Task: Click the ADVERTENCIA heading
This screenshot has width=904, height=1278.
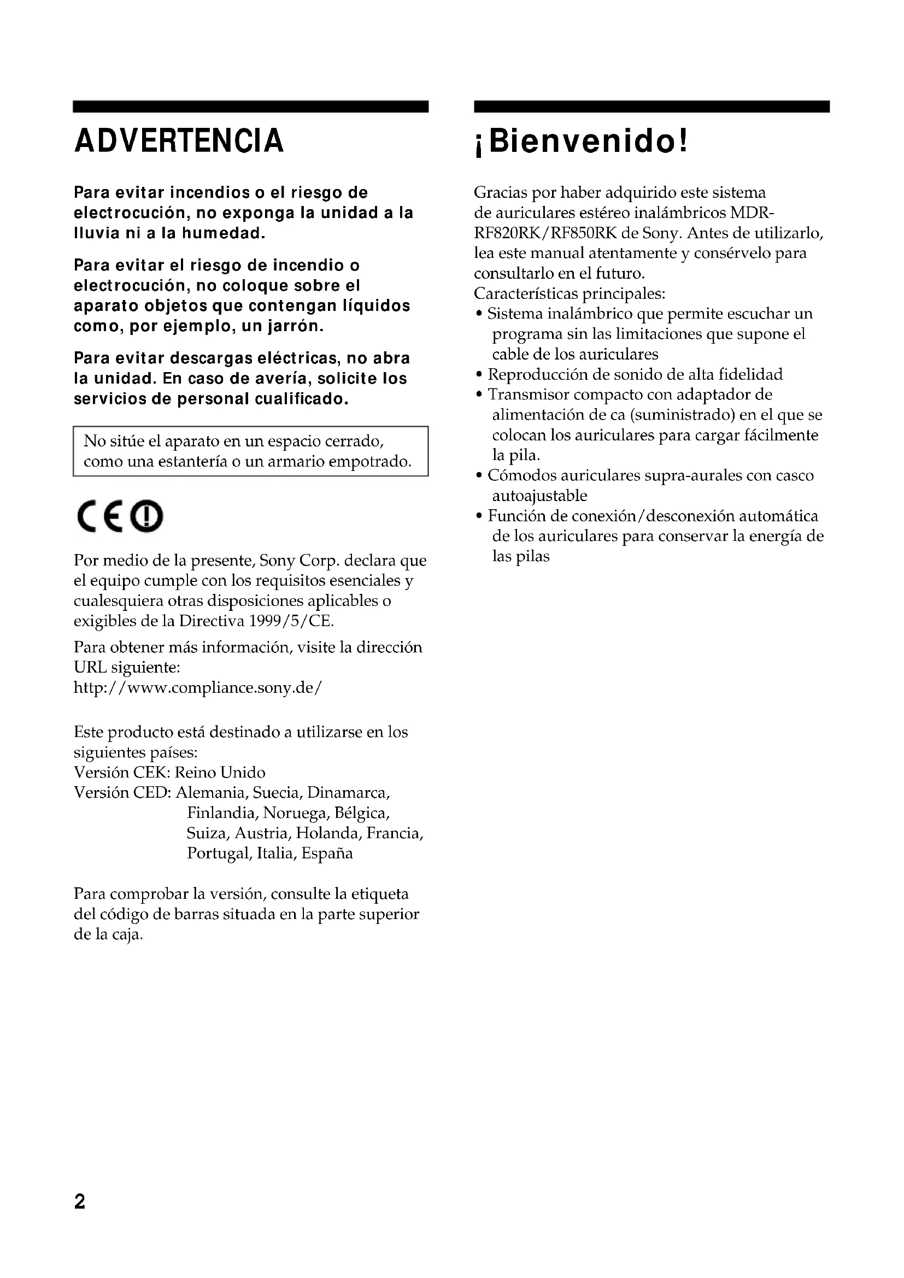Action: (179, 140)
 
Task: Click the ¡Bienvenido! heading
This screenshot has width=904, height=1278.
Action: (582, 141)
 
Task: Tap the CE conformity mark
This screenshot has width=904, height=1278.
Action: (99, 516)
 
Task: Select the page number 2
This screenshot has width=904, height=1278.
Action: (80, 1202)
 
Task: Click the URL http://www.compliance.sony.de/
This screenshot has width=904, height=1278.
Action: (198, 688)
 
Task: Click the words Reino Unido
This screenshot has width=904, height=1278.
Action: (220, 773)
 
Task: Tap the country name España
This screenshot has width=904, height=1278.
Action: (327, 853)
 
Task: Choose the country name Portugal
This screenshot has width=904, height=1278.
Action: (218, 853)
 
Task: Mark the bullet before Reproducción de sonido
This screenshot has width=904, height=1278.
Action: (479, 375)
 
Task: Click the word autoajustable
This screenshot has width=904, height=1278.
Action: (539, 496)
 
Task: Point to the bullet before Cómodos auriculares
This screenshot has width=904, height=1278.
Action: (479, 476)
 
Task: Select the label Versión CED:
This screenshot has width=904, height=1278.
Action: (122, 793)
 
